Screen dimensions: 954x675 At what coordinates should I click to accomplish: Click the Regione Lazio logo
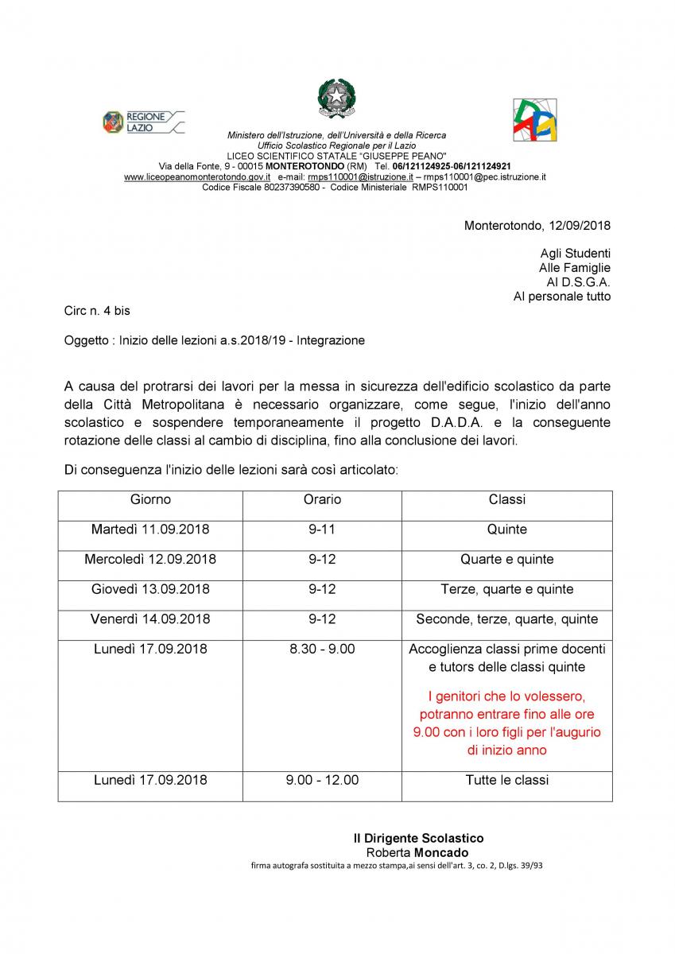(143, 122)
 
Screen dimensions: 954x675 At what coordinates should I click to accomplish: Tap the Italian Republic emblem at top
(337, 100)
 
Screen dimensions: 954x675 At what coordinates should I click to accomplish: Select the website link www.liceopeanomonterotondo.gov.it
(197, 177)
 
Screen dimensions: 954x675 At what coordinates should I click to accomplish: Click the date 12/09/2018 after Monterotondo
(579, 225)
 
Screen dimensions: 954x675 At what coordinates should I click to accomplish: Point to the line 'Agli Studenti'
(576, 254)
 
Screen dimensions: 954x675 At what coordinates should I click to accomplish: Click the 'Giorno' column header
(150, 500)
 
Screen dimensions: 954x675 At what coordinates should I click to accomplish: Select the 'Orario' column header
(322, 500)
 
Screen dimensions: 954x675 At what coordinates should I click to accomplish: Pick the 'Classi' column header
(506, 500)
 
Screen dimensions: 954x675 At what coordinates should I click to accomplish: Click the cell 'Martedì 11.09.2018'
(150, 529)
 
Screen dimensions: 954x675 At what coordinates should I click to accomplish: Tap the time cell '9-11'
(322, 529)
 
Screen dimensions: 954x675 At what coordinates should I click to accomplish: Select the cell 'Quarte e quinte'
(506, 560)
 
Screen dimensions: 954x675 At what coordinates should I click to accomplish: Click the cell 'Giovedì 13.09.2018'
(150, 590)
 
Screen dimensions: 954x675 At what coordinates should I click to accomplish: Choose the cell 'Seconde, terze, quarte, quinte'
(506, 619)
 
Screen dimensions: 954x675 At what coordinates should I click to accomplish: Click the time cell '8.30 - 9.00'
(322, 650)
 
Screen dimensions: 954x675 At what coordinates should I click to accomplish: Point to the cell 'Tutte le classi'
(506, 781)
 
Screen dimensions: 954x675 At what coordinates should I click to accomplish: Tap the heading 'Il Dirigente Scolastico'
(418, 839)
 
